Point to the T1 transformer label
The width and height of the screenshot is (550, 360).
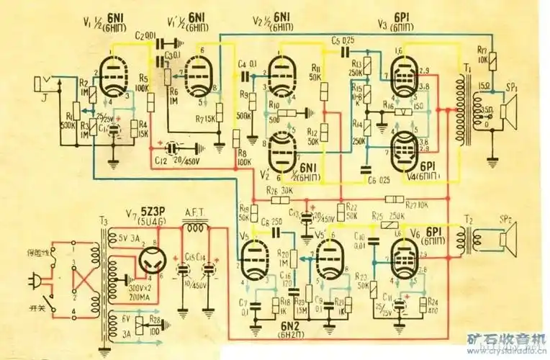(467, 68)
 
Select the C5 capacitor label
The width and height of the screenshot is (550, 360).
(343, 39)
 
